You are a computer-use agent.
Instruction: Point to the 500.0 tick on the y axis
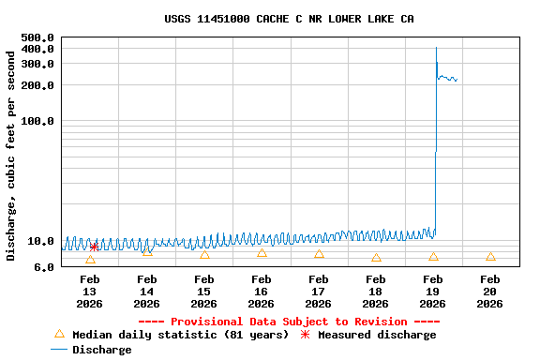[x=37, y=37]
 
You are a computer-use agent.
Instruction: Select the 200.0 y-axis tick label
[x=37, y=85]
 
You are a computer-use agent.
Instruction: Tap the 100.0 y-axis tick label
[x=37, y=121]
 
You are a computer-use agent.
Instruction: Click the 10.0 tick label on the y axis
[x=40, y=241]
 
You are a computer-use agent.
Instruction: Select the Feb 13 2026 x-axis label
[x=90, y=292]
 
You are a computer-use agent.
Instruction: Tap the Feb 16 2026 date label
[x=262, y=292]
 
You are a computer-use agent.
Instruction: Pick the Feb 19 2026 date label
[x=433, y=292]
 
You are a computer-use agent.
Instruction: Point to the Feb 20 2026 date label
[x=490, y=292]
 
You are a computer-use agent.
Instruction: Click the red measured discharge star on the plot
[x=94, y=247]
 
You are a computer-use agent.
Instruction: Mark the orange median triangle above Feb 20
[x=490, y=256]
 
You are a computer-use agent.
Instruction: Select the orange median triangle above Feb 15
[x=204, y=255]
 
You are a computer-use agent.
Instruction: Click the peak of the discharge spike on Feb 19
[x=436, y=48]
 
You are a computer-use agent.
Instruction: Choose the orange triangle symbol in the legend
[x=59, y=334]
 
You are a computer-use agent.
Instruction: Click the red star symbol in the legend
[x=305, y=335]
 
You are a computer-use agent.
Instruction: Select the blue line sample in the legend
[x=59, y=350]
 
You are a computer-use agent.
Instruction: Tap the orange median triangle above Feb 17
[x=319, y=254]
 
